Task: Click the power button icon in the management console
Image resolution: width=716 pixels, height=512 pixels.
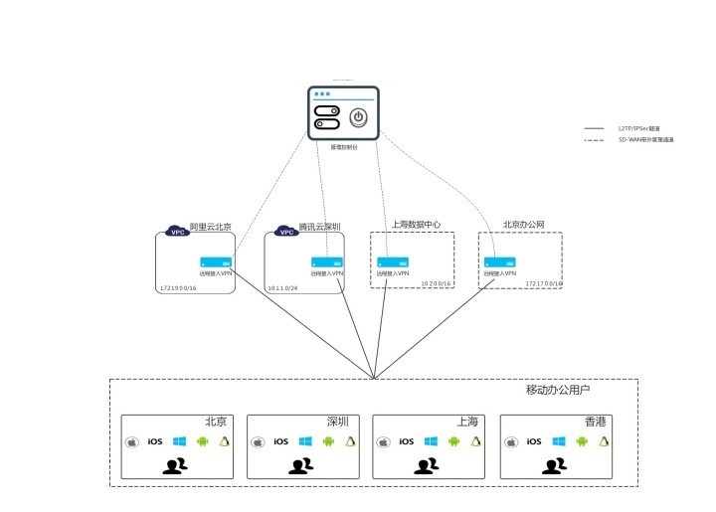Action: [358, 116]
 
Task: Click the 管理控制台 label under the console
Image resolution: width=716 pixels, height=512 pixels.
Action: [343, 146]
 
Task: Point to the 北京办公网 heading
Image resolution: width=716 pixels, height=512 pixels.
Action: [524, 225]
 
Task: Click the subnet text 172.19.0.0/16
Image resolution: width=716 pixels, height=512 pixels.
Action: [179, 287]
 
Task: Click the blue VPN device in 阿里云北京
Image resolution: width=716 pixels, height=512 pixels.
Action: [216, 261]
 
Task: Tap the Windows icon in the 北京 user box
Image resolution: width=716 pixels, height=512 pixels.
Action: [179, 441]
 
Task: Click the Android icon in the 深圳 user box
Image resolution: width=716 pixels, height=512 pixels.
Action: [328, 441]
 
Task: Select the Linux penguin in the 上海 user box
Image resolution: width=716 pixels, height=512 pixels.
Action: [477, 441]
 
